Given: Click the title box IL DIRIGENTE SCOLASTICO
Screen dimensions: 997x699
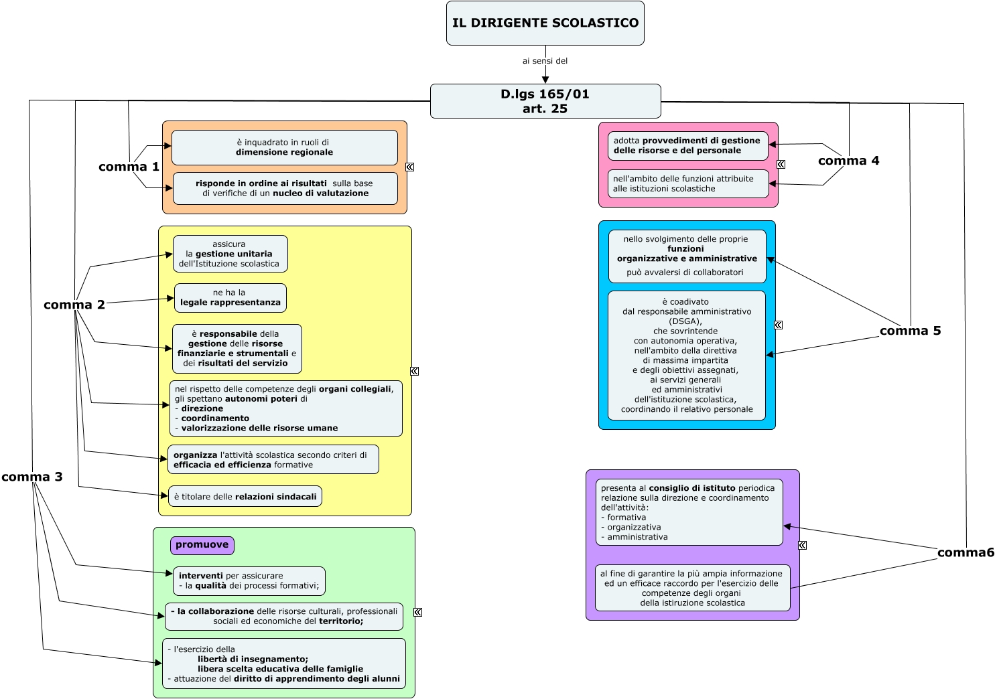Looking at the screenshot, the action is tap(545, 23).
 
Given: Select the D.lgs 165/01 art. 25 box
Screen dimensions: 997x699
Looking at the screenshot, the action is tap(545, 101).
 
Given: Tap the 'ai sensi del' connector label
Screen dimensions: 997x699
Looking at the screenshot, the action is tap(545, 61).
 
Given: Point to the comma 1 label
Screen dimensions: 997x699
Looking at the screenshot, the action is tap(129, 167).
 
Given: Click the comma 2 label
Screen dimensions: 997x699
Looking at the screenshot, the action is tap(74, 305).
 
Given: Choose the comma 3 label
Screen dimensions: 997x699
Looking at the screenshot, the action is tap(32, 477).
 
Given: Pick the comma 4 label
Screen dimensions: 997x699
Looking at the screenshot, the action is tap(849, 161).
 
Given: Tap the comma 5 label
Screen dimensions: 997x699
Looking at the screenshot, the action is tap(910, 330).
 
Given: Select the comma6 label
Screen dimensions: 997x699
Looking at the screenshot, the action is tap(966, 552).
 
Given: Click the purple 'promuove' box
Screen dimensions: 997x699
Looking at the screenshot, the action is tap(202, 545).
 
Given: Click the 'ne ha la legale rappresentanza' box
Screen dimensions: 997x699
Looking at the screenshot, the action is tap(230, 298).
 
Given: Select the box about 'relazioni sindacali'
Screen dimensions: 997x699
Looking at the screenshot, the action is tap(245, 496).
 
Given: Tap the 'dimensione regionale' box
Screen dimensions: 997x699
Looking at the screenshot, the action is tap(284, 147).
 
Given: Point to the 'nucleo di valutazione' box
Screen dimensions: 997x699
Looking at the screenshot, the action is tap(285, 189).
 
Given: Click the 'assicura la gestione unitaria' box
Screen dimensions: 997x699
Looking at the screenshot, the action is tap(230, 254).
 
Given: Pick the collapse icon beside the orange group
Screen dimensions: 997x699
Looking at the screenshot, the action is tap(410, 167).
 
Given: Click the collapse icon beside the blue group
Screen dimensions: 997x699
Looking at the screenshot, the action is tap(779, 325).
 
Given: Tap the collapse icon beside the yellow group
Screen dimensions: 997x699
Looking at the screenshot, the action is tap(414, 372).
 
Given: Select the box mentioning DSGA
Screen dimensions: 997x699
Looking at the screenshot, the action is tap(687, 356).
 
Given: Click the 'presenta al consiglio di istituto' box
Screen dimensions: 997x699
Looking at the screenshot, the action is tap(689, 512).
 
